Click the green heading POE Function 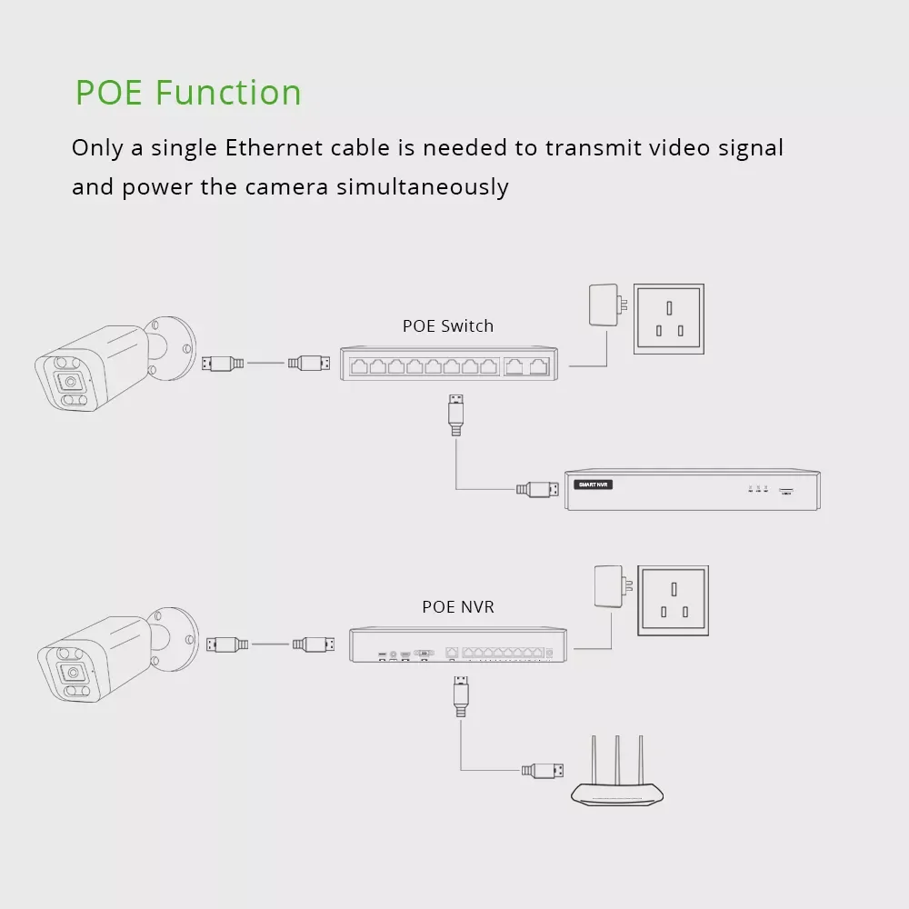click(x=188, y=92)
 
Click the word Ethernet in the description click(x=275, y=148)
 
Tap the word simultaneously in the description click(x=422, y=187)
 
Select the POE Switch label click(x=448, y=325)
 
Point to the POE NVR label click(x=458, y=607)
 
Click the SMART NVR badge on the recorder click(x=593, y=484)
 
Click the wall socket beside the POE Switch click(x=669, y=319)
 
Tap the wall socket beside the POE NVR click(x=673, y=601)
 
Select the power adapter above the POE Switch click(x=607, y=305)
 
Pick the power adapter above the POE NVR click(x=612, y=586)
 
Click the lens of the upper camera click(x=70, y=382)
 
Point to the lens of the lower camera click(x=73, y=673)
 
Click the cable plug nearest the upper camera click(x=223, y=364)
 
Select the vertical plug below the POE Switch click(x=455, y=415)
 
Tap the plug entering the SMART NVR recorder click(x=537, y=489)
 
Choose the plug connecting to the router click(x=542, y=771)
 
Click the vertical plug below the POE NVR click(x=461, y=696)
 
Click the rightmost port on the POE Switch click(x=539, y=366)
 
